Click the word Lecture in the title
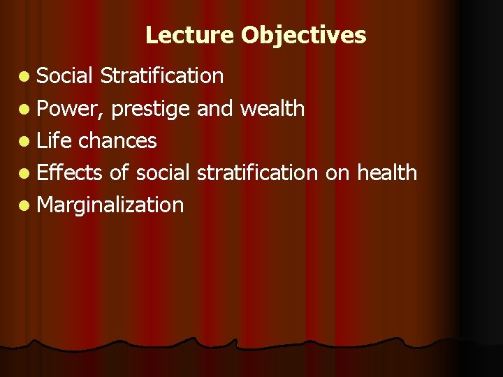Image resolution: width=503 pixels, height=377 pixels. click(x=190, y=35)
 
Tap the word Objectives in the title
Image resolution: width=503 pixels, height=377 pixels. click(x=304, y=35)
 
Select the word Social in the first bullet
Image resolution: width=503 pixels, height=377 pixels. click(x=65, y=75)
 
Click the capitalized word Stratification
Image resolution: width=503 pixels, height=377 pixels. click(x=162, y=75)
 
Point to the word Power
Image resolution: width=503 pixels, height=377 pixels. click(x=68, y=108)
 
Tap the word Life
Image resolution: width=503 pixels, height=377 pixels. click(x=54, y=140)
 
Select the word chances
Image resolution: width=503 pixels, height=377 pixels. click(x=117, y=140)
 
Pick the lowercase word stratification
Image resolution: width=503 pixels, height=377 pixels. click(x=257, y=172)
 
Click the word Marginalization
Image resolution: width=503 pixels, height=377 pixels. click(x=110, y=205)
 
